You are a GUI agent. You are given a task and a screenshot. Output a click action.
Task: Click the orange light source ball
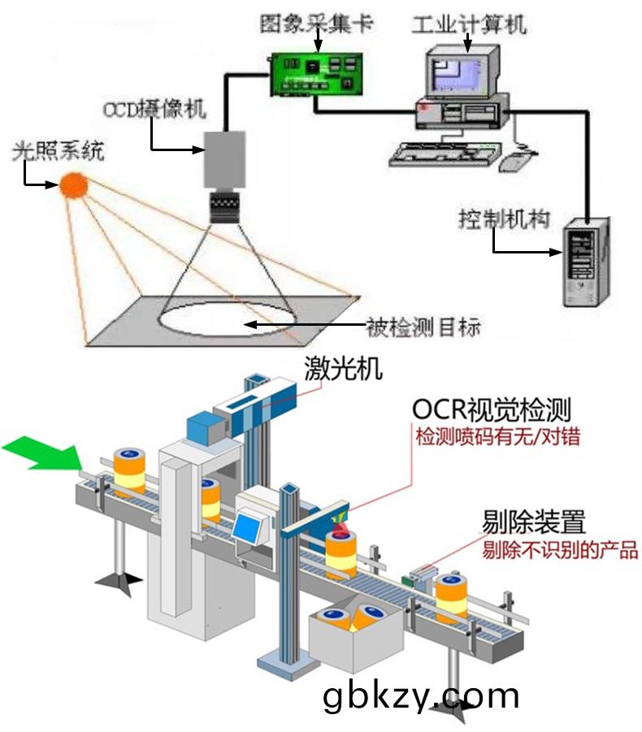click(x=73, y=184)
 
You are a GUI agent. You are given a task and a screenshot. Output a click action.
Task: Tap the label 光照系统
click(x=58, y=151)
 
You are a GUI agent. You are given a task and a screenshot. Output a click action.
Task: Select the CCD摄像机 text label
click(x=154, y=108)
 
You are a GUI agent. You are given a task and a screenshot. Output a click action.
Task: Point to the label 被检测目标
click(x=423, y=327)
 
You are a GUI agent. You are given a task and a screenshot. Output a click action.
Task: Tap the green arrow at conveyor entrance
click(x=41, y=452)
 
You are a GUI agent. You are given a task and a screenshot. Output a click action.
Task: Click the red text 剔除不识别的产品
click(x=560, y=551)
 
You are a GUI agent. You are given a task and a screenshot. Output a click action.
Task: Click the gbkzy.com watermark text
click(x=420, y=696)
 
